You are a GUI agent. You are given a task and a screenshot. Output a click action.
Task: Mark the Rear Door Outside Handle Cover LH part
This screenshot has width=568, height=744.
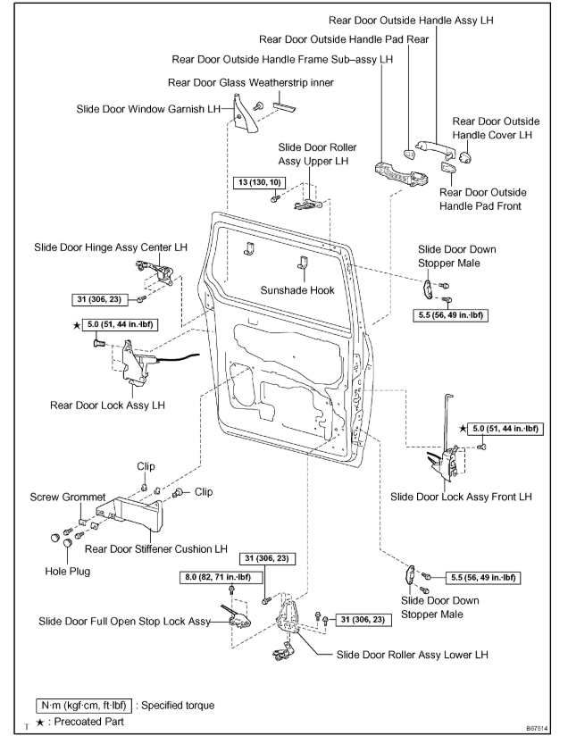pos(464,159)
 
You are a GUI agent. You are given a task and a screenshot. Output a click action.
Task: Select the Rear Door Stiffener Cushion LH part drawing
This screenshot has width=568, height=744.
pos(134,514)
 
